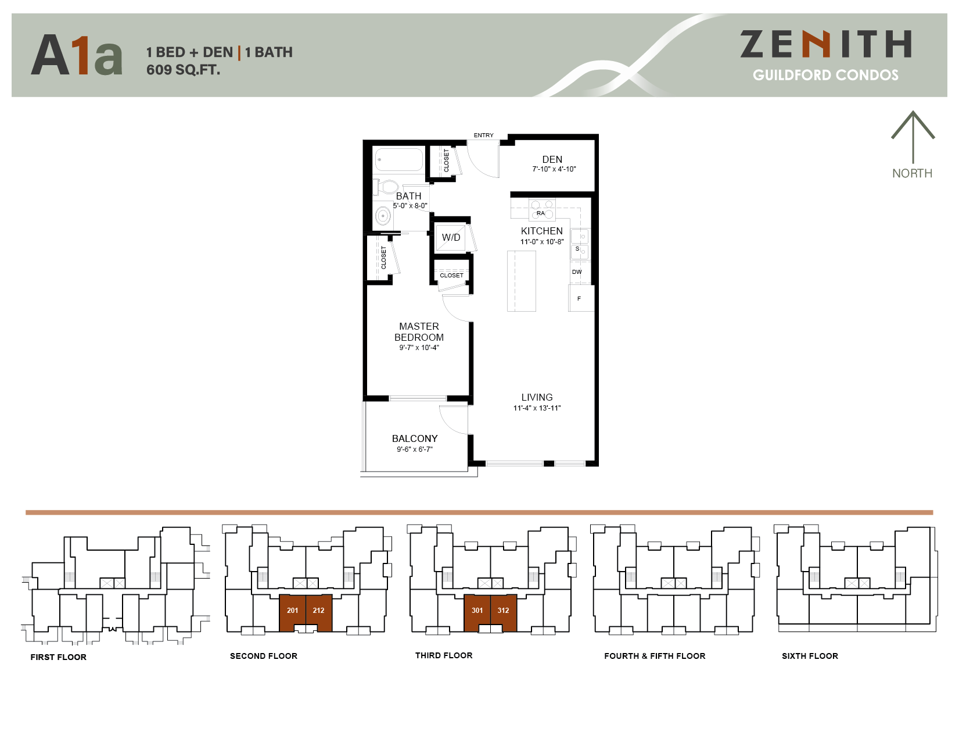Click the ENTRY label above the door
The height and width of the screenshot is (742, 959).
[x=483, y=135]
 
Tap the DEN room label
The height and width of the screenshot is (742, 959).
[x=552, y=159]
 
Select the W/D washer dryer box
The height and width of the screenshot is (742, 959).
[x=451, y=237]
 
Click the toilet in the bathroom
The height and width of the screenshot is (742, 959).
[x=386, y=187]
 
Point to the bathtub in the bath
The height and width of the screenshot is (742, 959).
[x=399, y=160]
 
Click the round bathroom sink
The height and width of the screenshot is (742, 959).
[x=383, y=216]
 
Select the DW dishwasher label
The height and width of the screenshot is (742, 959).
[x=577, y=272]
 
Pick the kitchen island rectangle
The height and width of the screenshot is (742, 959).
[x=521, y=281]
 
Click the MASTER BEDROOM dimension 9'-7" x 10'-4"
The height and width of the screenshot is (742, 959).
[x=419, y=348]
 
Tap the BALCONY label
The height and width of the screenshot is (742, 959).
[x=415, y=438]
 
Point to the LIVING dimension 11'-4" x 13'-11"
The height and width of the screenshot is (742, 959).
[x=537, y=408]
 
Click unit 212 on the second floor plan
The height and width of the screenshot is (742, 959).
[x=319, y=611]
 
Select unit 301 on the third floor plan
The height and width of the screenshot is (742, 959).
[x=477, y=611]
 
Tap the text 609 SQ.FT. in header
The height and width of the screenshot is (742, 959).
[x=183, y=70]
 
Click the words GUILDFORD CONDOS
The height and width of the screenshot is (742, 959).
[x=825, y=75]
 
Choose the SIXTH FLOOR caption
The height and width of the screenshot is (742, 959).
[x=810, y=656]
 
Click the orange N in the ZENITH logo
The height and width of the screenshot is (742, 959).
[x=817, y=45]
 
